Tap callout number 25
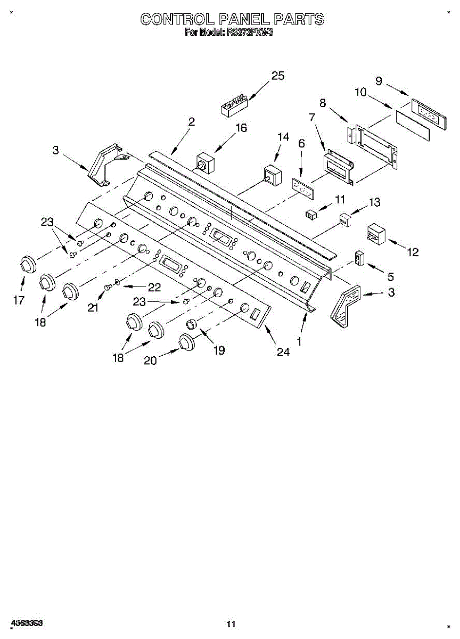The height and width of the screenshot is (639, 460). coord(277,76)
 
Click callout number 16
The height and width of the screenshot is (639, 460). coord(241,128)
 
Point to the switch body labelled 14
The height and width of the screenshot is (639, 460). coord(273,175)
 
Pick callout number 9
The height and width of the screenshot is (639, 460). coord(379,81)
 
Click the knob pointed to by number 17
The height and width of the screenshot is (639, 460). coord(27,264)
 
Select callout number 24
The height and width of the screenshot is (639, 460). coord(283,352)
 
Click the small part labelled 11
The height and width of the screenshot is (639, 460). coord(311,215)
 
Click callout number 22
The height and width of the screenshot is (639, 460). coord(154,288)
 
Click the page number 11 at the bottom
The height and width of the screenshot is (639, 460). coord(231,624)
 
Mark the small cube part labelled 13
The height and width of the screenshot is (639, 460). coord(346,219)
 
